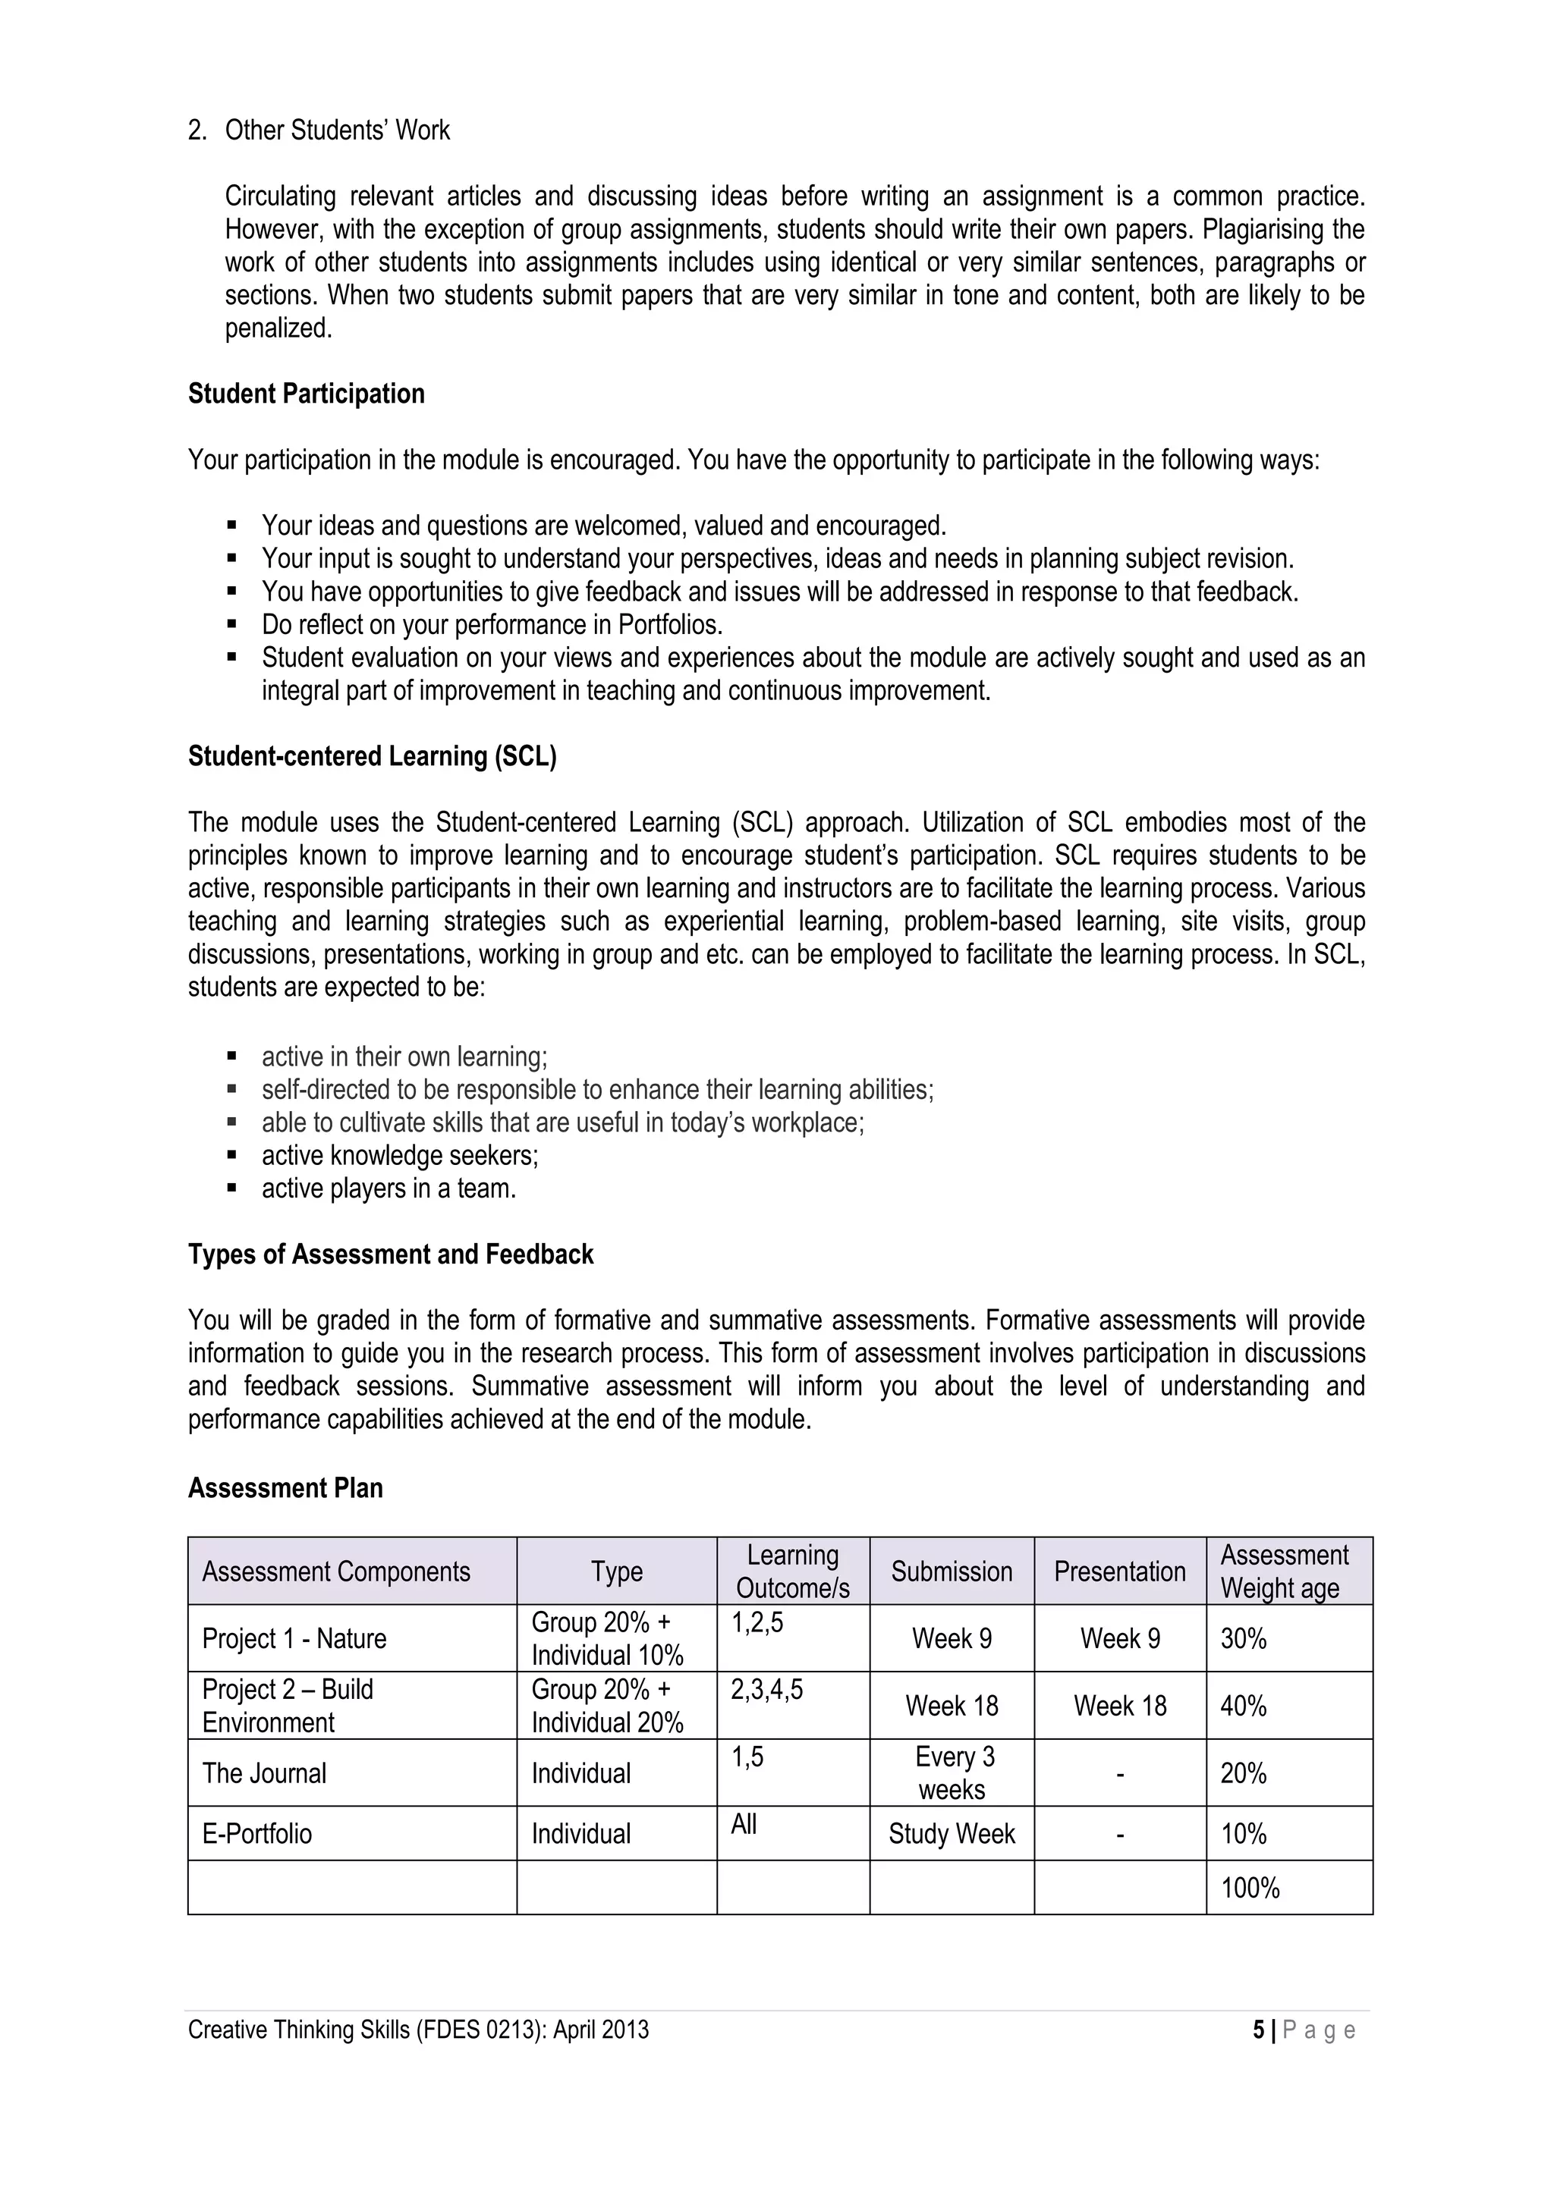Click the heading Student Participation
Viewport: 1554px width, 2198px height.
tap(306, 394)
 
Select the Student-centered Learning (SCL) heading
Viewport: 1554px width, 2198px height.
tap(372, 756)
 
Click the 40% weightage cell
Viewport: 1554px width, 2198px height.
tap(1243, 1705)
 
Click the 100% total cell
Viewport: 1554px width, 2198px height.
tap(1250, 1888)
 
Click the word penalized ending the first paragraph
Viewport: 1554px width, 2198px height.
tap(278, 328)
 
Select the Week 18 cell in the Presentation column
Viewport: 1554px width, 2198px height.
tap(1118, 1705)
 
